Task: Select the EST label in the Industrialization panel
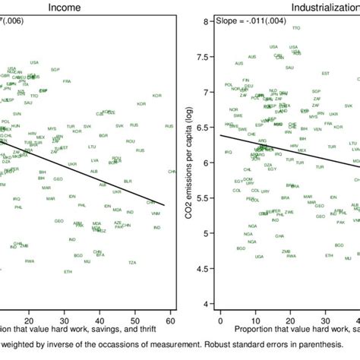click(x=325, y=74)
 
